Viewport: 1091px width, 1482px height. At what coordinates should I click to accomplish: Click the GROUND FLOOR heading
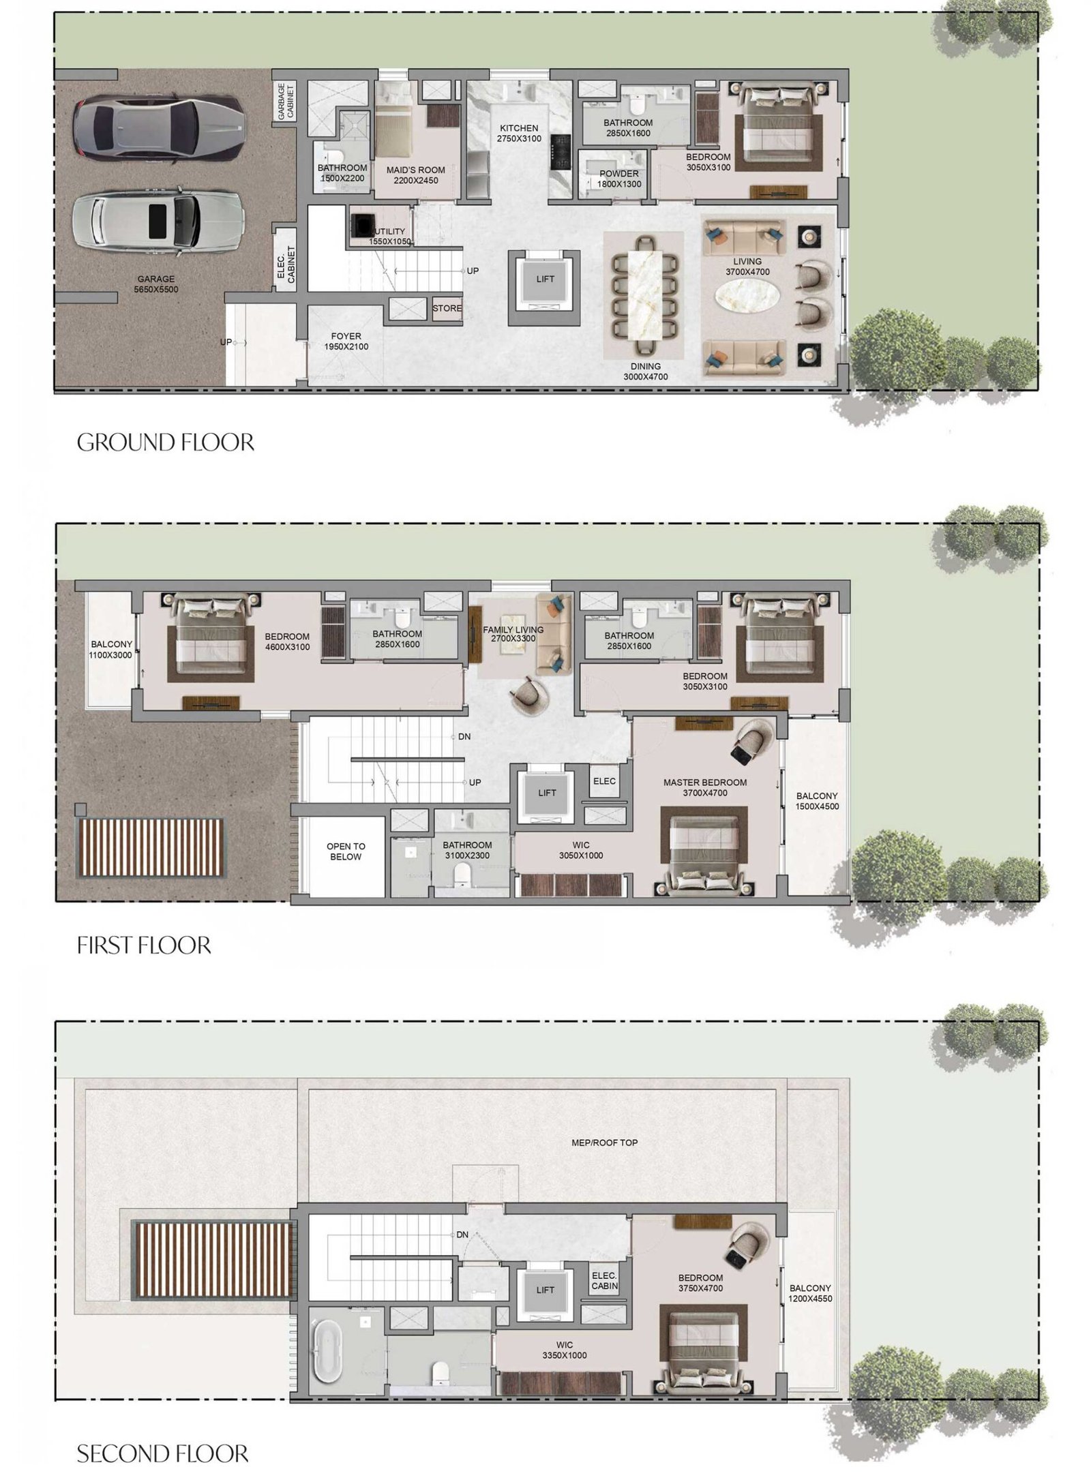(x=165, y=442)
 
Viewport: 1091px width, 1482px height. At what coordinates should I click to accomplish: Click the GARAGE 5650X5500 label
(x=155, y=284)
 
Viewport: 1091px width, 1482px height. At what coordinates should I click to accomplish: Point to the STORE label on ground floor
(x=447, y=308)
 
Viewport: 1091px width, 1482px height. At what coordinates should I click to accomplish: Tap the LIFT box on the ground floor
(x=545, y=279)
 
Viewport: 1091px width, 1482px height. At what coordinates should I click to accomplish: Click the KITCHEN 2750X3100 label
(x=519, y=133)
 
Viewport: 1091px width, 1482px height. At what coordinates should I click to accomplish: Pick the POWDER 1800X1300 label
(x=619, y=179)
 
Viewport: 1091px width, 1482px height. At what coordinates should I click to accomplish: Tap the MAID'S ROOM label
(x=415, y=175)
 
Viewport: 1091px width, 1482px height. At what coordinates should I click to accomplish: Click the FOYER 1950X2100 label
(x=346, y=341)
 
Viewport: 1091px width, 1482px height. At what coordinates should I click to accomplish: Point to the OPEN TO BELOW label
(x=346, y=851)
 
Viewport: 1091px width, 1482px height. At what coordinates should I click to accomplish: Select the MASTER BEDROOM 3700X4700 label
(x=704, y=787)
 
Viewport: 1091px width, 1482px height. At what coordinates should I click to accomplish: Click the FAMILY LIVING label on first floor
(x=513, y=634)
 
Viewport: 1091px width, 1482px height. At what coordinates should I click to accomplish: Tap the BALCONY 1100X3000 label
(x=111, y=649)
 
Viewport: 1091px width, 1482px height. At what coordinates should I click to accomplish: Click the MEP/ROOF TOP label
(x=604, y=1142)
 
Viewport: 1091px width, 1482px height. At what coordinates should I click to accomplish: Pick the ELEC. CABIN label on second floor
(x=604, y=1280)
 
